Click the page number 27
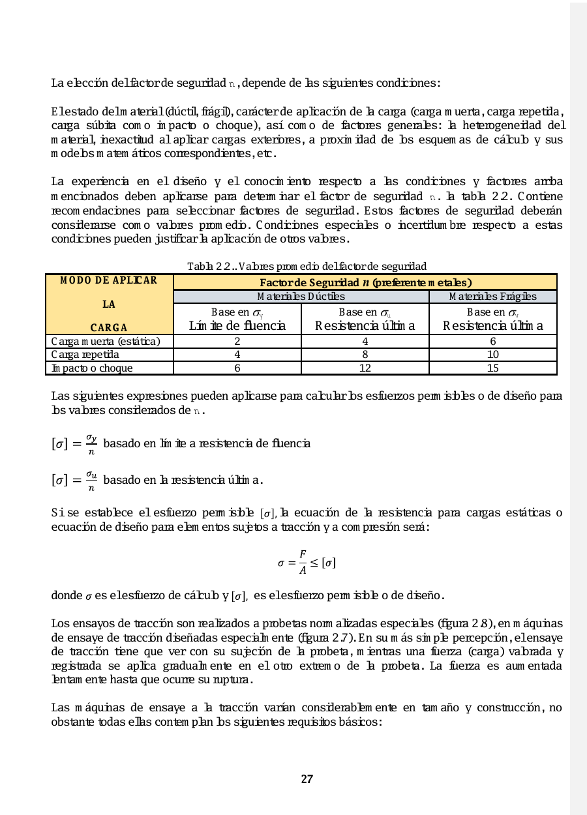click(x=307, y=779)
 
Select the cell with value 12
click(x=365, y=368)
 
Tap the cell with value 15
click(x=493, y=368)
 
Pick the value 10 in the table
click(x=493, y=355)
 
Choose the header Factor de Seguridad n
click(x=365, y=283)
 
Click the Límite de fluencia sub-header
click(x=237, y=326)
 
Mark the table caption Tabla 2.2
click(x=307, y=266)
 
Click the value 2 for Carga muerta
click(x=237, y=341)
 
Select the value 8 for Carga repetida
click(x=365, y=355)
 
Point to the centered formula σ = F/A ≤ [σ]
click(x=307, y=562)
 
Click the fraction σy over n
click(x=91, y=443)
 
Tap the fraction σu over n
click(x=91, y=481)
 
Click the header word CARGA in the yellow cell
click(x=109, y=327)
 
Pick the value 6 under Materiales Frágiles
click(x=493, y=341)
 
